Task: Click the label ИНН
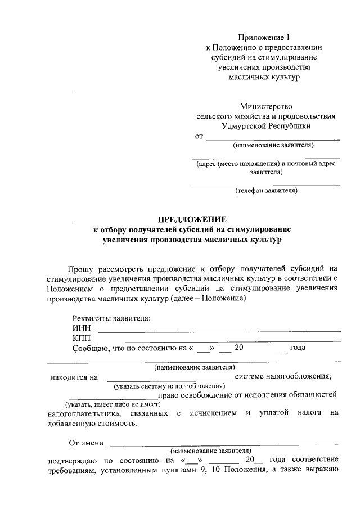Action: [x=81, y=328]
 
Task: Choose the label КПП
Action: [x=82, y=337]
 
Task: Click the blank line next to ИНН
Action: [x=219, y=331]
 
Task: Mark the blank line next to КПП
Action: [x=219, y=341]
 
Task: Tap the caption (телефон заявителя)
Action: [x=266, y=190]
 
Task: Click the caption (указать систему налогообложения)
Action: [x=169, y=386]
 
